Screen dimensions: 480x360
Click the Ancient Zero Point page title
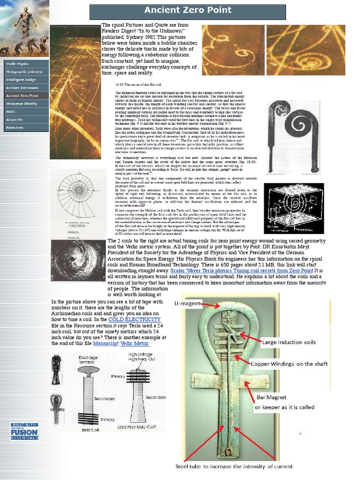(187, 10)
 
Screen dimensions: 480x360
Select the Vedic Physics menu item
(18, 64)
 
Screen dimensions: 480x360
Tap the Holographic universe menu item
(24, 72)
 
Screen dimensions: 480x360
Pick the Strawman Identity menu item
(22, 104)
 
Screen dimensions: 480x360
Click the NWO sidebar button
(11, 112)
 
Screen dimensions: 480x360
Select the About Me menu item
(15, 120)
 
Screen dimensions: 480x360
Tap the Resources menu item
(15, 127)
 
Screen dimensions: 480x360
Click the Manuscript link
(105, 343)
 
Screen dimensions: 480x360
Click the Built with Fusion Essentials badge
(24, 431)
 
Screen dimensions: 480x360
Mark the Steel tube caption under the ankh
(234, 466)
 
